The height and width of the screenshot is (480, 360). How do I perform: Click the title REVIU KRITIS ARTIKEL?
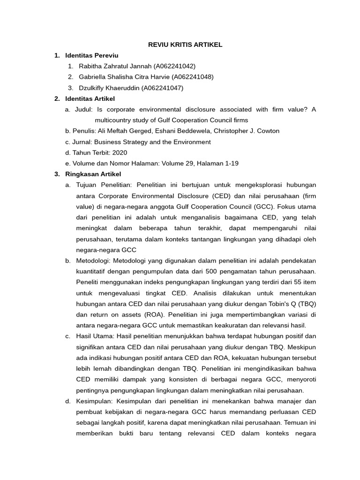[185, 45]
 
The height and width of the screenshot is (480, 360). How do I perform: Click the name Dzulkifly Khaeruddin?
[109, 88]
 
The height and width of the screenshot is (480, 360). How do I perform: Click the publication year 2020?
[119, 152]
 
